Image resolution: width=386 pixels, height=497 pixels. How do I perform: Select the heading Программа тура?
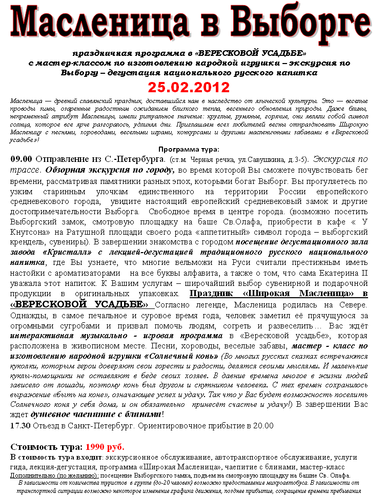click(x=189, y=149)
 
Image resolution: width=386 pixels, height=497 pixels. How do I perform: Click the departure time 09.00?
click(x=22, y=159)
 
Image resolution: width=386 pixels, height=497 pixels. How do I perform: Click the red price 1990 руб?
click(x=105, y=447)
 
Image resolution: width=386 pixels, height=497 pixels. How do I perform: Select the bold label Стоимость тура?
click(x=47, y=447)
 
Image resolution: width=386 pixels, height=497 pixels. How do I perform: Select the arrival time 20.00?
click(x=263, y=425)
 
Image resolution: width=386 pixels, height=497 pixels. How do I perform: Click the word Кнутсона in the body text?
click(x=30, y=231)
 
